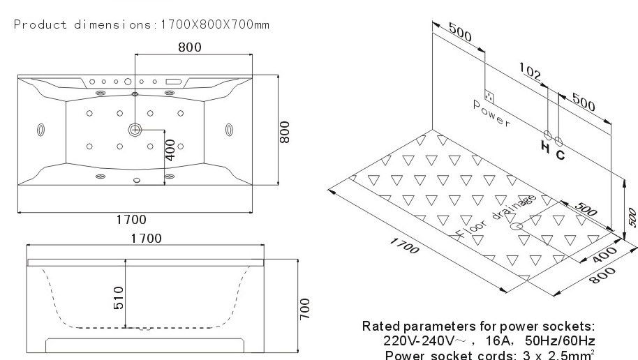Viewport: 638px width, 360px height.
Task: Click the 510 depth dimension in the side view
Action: point(119,298)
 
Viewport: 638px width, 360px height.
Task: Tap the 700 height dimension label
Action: point(304,307)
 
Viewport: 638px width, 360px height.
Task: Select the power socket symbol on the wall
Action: point(490,96)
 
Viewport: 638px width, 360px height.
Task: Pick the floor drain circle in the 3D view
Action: point(517,226)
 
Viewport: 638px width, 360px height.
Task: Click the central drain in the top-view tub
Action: point(135,130)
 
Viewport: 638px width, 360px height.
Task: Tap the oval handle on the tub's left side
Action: point(40,130)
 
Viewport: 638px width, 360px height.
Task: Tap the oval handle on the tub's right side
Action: point(230,129)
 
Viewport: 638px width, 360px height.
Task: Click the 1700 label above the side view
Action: point(147,239)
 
